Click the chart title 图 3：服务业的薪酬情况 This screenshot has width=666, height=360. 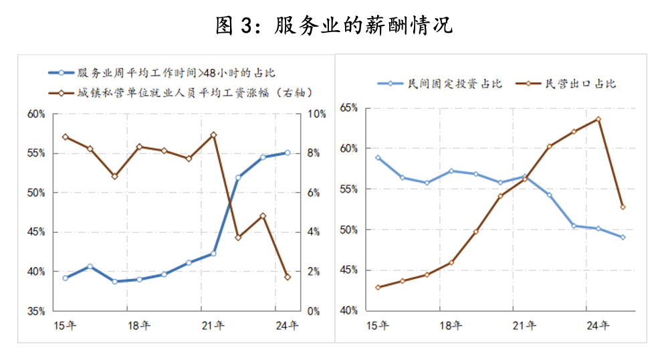(x=334, y=25)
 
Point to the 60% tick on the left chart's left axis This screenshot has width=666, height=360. (x=36, y=114)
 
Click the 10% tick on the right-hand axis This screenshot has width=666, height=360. (x=317, y=114)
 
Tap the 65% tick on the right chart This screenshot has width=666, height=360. (x=350, y=108)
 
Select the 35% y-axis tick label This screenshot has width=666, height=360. (x=36, y=311)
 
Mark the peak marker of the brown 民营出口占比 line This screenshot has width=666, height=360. (x=598, y=119)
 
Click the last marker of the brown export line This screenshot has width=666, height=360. (x=623, y=207)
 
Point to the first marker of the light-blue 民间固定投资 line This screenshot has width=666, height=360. (x=378, y=158)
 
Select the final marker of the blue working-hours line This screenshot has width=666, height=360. (x=288, y=153)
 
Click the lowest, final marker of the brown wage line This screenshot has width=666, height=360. (x=288, y=277)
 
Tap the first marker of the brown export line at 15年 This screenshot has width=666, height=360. (x=378, y=287)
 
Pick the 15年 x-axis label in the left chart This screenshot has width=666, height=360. (x=65, y=326)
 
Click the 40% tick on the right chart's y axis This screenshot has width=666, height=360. (x=350, y=311)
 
